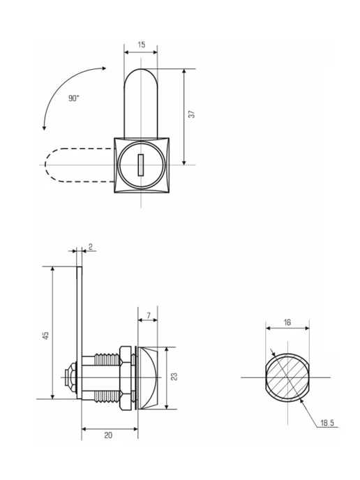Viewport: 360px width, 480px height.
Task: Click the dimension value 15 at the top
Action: coord(141,45)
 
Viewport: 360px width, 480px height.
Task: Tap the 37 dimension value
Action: coord(192,114)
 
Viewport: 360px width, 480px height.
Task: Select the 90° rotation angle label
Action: coord(74,98)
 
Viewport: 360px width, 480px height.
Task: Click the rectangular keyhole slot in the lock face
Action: coord(140,165)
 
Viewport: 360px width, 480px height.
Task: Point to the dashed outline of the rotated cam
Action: coord(45,165)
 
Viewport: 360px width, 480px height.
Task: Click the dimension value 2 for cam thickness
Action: coord(90,247)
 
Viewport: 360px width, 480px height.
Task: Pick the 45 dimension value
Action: coord(45,336)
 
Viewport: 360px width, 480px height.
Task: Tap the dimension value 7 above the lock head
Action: coord(149,315)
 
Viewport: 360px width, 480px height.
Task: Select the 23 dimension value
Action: coord(174,377)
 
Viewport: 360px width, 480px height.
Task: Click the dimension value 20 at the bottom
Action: coord(108,435)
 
